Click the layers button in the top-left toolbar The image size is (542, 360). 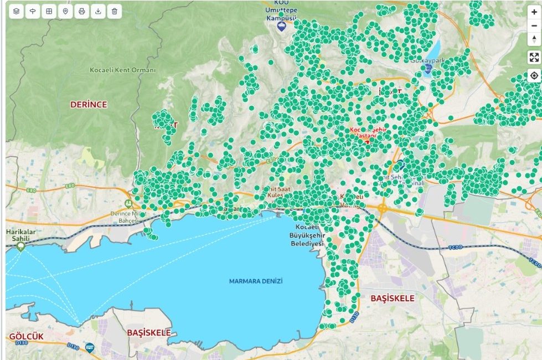coord(17,11)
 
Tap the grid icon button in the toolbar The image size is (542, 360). coord(49,11)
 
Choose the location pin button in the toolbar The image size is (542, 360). coord(65,11)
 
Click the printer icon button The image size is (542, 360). coord(82,11)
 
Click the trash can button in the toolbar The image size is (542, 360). coord(114,11)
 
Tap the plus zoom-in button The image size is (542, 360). coord(534,12)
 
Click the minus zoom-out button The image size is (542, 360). coord(534,25)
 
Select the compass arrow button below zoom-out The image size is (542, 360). coord(534,39)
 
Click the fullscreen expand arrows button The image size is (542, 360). coord(534,57)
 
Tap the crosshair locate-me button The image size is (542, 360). coord(534,76)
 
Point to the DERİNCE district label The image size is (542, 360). coord(89,104)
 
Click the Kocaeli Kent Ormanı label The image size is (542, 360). coord(122,70)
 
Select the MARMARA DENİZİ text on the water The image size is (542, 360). coord(256,281)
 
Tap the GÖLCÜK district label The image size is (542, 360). coord(26,337)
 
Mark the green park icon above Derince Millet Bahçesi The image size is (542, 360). coord(128,203)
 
